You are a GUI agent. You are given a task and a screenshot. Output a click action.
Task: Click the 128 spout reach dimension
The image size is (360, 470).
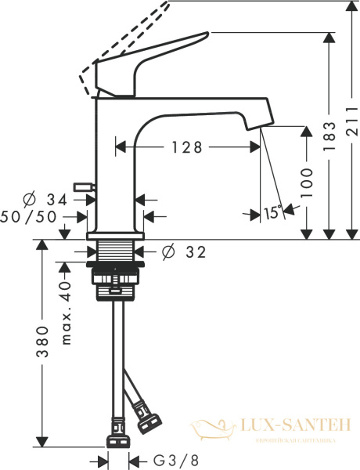coord(188,146)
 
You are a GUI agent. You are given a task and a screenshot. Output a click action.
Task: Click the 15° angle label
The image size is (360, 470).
coord(272,212)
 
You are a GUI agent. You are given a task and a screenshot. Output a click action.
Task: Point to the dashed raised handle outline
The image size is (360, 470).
coord(125,39)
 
